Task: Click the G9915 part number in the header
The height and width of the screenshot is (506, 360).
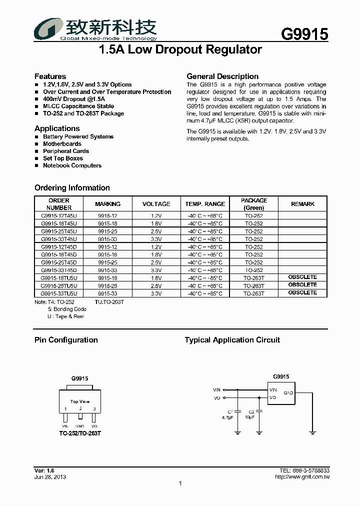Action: [304, 34]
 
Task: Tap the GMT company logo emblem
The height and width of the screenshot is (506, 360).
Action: [47, 29]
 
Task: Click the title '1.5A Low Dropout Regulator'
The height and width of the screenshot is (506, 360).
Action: [180, 50]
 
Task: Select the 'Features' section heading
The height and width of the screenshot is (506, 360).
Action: [50, 76]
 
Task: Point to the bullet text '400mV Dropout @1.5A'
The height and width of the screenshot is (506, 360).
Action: [74, 99]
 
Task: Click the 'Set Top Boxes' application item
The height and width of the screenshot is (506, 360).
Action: [63, 158]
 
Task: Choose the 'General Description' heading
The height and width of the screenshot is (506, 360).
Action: [222, 76]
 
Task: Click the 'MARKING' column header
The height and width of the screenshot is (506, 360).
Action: [107, 204]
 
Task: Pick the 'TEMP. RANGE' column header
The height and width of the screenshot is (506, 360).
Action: [205, 204]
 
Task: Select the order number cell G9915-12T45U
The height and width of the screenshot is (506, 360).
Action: [59, 216]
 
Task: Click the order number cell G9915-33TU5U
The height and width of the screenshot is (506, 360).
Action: [59, 293]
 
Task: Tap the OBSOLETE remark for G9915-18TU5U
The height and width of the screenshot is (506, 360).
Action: [302, 277]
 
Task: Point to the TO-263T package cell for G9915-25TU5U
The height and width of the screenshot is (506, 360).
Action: [254, 286]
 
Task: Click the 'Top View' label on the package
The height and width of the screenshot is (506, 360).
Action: [80, 401]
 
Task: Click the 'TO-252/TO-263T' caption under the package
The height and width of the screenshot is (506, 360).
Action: [80, 433]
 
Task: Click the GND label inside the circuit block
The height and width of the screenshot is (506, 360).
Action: [288, 393]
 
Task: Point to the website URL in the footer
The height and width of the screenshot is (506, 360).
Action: [302, 477]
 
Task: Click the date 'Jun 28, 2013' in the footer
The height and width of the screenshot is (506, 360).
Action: [50, 477]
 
